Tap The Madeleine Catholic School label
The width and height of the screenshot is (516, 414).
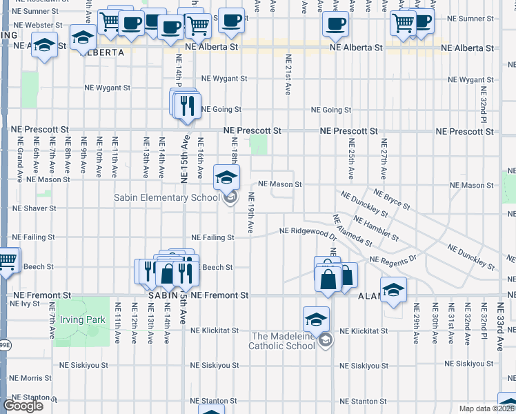[282, 341]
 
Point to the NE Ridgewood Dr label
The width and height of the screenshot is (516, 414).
[308, 231]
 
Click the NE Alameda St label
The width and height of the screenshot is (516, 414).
[353, 230]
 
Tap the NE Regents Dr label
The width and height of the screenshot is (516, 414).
[394, 259]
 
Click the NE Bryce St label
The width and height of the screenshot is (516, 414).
[391, 199]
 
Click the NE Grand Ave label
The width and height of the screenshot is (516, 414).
[20, 157]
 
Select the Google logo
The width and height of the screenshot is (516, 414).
[23, 406]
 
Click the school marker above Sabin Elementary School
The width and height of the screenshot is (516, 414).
[226, 177]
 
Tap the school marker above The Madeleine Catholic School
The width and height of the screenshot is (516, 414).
[316, 319]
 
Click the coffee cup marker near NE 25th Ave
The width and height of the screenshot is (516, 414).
[335, 25]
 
